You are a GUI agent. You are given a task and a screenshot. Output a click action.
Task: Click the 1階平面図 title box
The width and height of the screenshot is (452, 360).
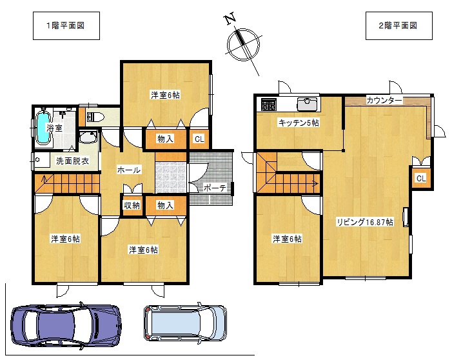[66, 26]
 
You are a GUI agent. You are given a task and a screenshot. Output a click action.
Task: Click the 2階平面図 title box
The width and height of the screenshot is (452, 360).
[399, 26]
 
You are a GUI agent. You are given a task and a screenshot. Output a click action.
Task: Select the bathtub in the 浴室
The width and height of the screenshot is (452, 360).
[44, 128]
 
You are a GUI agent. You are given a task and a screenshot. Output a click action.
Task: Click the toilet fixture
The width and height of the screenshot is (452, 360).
[95, 117]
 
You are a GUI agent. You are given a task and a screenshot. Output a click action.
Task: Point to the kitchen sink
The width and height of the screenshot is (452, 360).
[307, 104]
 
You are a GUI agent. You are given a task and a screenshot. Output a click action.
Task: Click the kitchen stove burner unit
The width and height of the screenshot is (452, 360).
[269, 105]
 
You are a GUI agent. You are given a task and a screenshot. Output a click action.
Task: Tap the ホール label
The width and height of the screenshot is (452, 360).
[129, 170]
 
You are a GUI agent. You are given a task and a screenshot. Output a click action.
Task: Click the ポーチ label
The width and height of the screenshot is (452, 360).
[215, 188]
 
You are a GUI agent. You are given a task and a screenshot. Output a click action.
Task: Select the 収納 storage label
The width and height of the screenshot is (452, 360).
[132, 205]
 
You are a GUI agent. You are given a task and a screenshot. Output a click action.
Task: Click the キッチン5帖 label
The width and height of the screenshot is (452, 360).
[299, 123]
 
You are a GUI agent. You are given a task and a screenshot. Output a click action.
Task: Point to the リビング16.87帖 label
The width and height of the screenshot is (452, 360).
[365, 222]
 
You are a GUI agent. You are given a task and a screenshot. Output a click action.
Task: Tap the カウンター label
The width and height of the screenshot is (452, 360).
[384, 101]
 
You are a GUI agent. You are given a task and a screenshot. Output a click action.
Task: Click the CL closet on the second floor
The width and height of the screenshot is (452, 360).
[421, 178]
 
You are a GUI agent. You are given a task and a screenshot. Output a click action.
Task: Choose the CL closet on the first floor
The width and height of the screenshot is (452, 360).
[199, 139]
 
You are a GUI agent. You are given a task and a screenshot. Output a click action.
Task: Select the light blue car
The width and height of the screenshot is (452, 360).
[185, 323]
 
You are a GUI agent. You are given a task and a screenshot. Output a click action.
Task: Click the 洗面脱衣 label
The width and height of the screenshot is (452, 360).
[72, 161]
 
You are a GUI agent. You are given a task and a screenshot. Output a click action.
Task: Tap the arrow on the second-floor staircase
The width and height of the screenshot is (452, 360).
[315, 183]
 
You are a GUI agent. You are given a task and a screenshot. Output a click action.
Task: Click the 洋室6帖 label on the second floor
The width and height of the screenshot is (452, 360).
[287, 239]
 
